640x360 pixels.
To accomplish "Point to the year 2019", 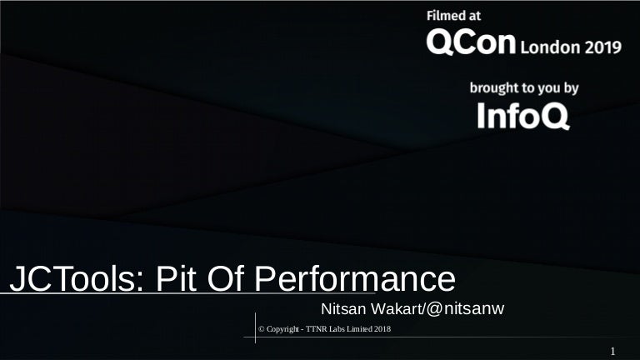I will point(602,47).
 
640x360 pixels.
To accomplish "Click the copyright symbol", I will point(262,330).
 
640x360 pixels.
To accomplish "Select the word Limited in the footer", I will point(363,330).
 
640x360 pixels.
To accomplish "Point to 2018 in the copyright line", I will point(383,330).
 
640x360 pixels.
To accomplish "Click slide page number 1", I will point(612,352).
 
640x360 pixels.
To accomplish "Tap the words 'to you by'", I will point(554,87).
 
